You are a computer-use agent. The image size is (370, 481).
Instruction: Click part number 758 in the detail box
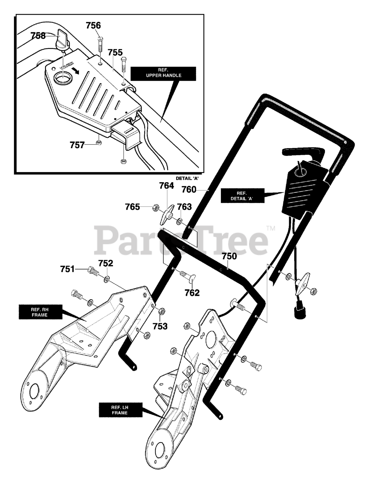(x=38, y=36)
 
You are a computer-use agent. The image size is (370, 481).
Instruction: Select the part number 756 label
(x=93, y=26)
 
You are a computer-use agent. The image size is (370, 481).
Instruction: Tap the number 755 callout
(x=115, y=52)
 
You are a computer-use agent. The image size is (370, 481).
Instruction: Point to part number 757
(x=77, y=145)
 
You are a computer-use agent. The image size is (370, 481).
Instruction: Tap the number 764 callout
(x=167, y=186)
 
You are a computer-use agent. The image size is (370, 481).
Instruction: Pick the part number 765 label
(x=133, y=207)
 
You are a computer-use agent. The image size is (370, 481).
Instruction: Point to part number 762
(x=192, y=292)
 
